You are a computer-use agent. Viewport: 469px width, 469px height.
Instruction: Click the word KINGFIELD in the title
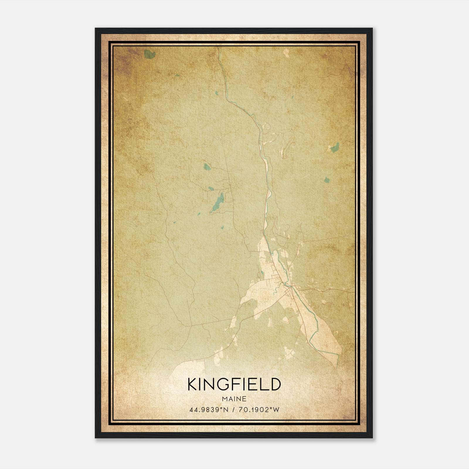234,385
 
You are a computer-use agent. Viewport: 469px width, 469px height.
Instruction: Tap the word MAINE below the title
234,399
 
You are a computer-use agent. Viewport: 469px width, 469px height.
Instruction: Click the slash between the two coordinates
233,409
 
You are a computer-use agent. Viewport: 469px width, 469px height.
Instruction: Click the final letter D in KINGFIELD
275,385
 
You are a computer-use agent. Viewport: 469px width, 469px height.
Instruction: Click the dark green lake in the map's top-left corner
150,54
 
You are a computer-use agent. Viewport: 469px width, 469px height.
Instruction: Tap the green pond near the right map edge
334,147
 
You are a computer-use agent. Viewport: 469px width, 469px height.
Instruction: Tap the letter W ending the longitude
277,409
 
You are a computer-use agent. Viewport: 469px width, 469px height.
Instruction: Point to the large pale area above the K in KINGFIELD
188,368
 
